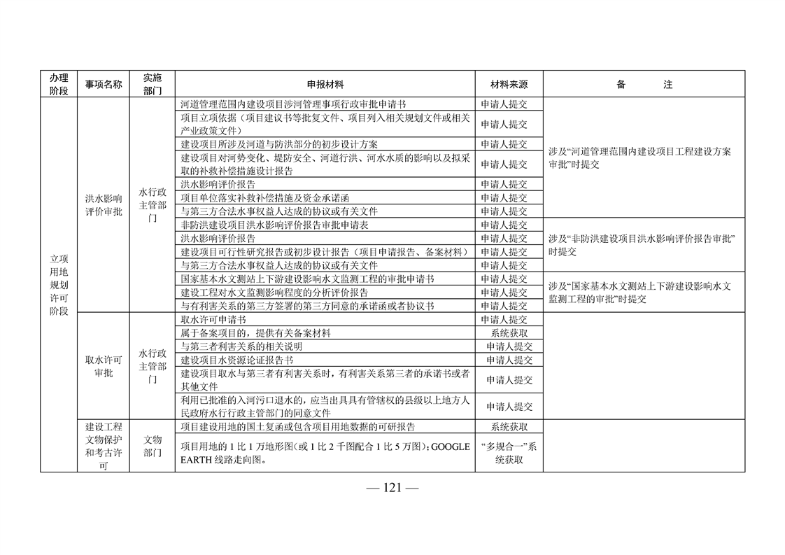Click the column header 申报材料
point(325,85)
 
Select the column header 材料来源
point(509,85)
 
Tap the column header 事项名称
point(103,85)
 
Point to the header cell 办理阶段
point(59,84)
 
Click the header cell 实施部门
point(153,84)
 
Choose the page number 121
point(392,488)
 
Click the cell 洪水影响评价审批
point(103,205)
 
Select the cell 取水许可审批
point(103,366)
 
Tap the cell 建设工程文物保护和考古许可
point(103,446)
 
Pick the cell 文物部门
point(153,446)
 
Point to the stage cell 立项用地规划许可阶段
point(59,285)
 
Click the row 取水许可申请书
point(213,320)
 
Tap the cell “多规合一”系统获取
point(509,453)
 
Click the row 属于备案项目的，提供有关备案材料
point(255,333)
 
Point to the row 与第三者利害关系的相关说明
point(241,346)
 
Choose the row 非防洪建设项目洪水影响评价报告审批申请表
point(274,225)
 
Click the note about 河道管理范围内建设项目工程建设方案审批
point(639,157)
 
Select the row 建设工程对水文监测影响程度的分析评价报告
point(274,293)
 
